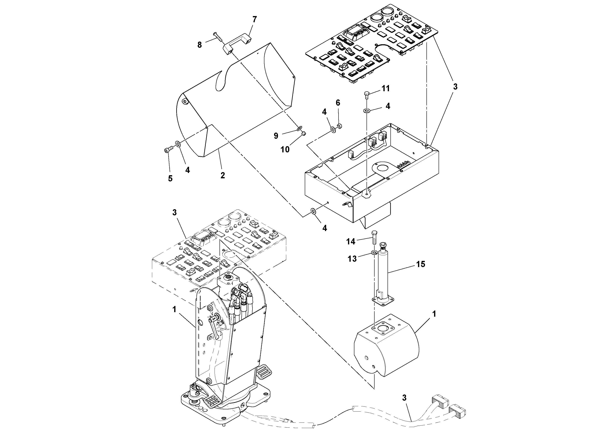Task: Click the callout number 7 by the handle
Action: (255, 20)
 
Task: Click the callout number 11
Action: (385, 88)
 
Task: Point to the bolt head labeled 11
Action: (367, 94)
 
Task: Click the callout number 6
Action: (338, 103)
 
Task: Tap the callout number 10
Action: (285, 149)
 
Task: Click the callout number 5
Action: (170, 178)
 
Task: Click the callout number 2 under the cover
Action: (222, 175)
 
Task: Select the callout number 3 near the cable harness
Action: (404, 398)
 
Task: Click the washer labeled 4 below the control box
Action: (313, 212)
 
